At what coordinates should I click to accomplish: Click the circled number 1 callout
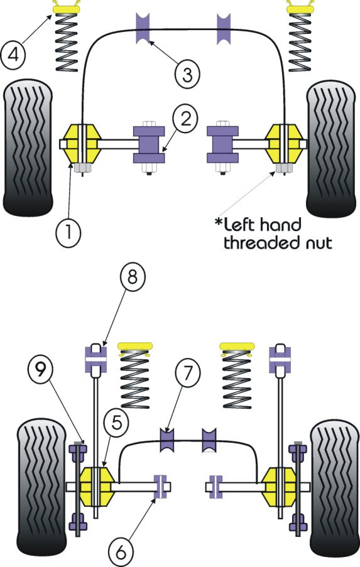[x=69, y=233]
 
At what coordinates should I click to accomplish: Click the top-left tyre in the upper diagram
[x=28, y=149]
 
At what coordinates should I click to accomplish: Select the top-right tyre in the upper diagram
[x=332, y=149]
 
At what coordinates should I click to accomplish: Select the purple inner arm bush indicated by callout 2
[x=148, y=144]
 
